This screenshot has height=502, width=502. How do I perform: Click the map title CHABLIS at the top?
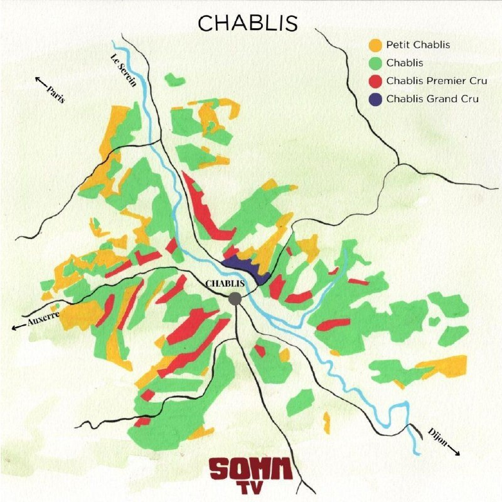[248, 23]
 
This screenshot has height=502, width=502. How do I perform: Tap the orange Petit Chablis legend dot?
[375, 45]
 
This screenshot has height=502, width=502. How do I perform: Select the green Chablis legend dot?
[375, 63]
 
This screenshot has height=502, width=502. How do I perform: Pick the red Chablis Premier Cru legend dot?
[375, 81]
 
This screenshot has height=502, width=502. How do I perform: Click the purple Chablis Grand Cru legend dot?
[375, 99]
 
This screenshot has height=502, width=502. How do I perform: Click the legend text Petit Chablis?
[418, 45]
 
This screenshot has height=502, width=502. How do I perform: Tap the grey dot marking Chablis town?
[235, 299]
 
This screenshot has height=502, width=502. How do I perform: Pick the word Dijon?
[438, 437]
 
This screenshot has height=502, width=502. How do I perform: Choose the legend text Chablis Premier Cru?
[437, 81]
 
